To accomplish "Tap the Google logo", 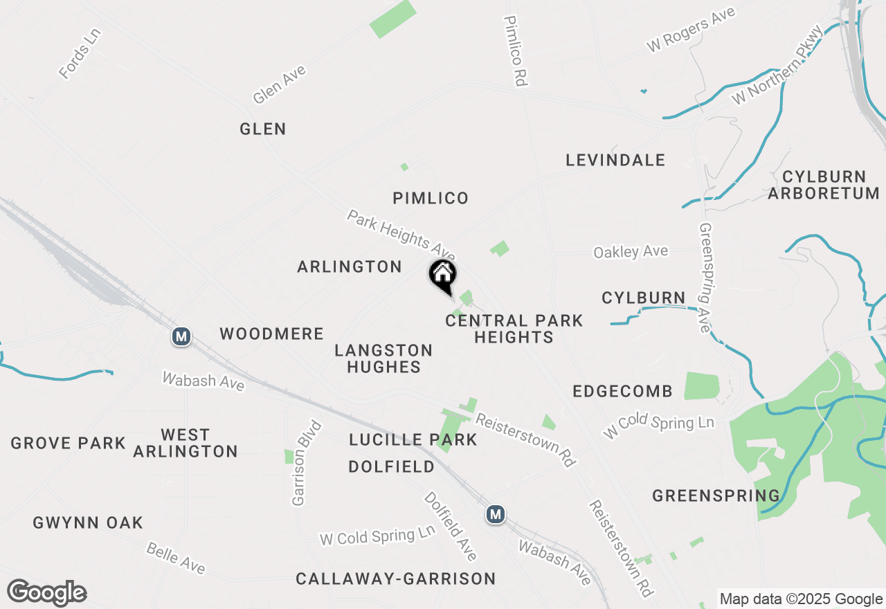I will coord(47,593).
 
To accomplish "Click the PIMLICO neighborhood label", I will coord(431,199).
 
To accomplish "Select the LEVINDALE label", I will coord(615,161).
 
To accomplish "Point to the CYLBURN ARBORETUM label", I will coord(823,185).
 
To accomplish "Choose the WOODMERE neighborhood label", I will coord(272,334).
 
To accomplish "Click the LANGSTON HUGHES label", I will coord(383,358).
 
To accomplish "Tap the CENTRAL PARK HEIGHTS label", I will coord(514,329).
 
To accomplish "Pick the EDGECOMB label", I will coord(622,392).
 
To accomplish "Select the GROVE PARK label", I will coord(68,443).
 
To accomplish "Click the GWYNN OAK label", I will coord(88,523).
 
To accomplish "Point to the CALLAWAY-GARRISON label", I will coord(395,579).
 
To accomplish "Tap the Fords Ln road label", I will coord(80,53).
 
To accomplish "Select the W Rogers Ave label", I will coord(690,30).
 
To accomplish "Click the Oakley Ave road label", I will coord(631,251).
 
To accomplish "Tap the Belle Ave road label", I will coord(176,558).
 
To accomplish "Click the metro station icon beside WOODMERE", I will coord(181,336).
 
